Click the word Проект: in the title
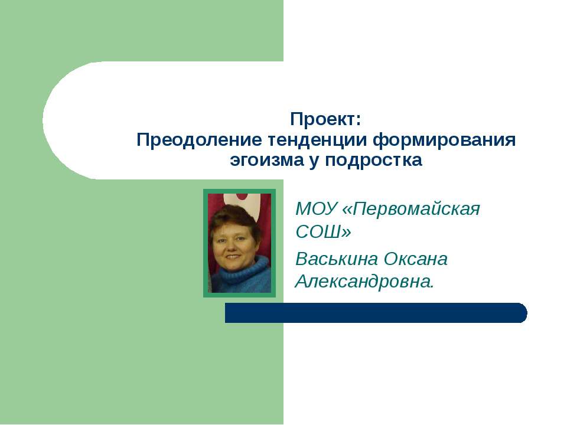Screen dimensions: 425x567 325,119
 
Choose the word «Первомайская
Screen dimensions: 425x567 411,210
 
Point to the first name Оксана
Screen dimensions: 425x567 416,259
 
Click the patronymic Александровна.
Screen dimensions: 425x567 364,282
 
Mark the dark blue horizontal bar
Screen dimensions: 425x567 372,313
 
